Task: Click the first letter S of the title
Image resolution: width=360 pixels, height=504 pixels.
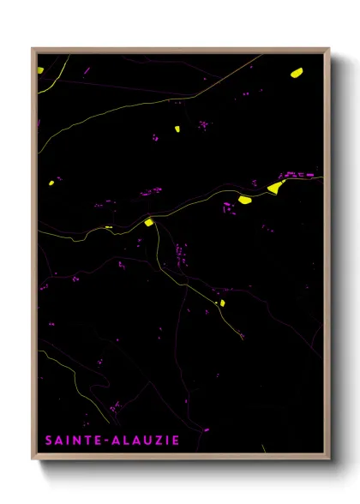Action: click(49, 441)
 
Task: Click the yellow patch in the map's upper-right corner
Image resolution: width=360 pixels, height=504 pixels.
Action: click(297, 72)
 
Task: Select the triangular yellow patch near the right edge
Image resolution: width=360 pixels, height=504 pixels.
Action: click(275, 187)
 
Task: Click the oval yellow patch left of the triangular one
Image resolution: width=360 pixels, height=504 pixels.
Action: click(244, 200)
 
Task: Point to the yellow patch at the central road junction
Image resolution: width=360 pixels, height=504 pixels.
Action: click(148, 222)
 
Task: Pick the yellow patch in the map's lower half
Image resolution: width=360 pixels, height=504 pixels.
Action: click(221, 303)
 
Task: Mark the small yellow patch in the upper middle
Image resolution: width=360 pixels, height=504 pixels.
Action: click(177, 129)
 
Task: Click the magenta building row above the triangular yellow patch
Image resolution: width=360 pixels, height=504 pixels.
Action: click(295, 175)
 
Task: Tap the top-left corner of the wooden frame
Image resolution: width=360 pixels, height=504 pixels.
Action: click(33, 49)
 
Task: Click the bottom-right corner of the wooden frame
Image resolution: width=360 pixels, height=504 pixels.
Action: click(329, 460)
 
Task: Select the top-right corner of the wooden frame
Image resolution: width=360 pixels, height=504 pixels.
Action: click(329, 49)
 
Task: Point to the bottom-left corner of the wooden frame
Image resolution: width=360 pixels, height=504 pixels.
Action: click(33, 460)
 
